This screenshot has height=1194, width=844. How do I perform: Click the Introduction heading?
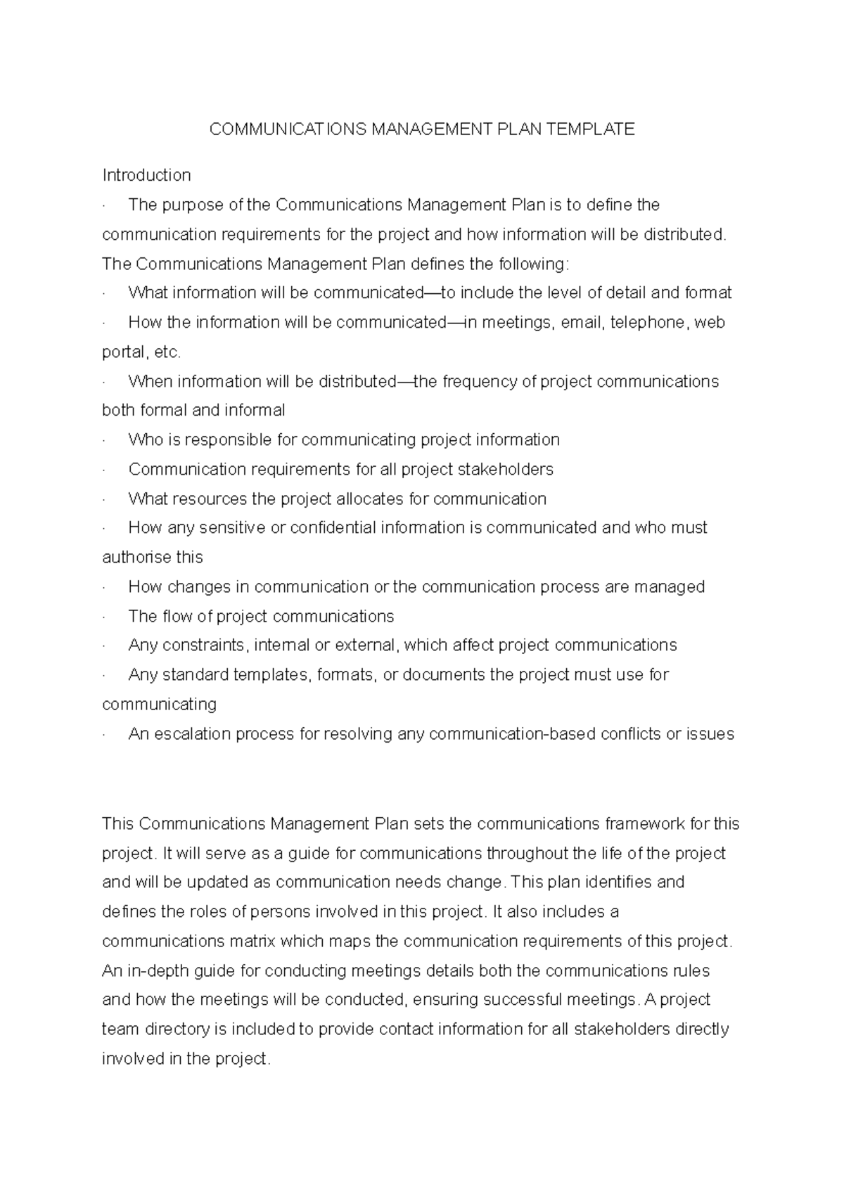tap(146, 175)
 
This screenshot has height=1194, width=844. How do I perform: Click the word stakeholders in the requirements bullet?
tap(505, 470)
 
